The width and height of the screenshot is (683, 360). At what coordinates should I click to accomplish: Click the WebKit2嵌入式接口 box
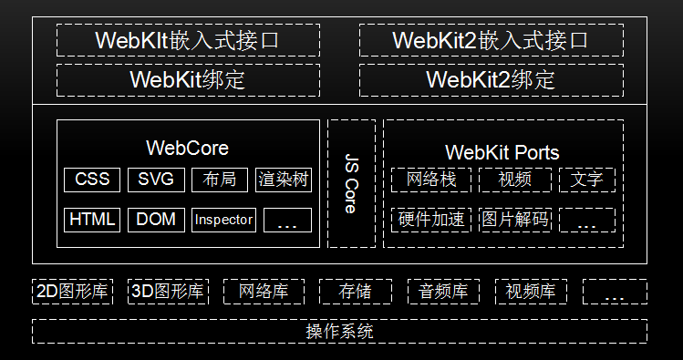coord(491,40)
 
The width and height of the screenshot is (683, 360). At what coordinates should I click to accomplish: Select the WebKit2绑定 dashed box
coord(491,79)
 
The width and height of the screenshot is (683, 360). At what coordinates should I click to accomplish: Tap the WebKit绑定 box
coord(188,79)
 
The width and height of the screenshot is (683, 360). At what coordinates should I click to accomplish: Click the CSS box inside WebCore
coord(92,180)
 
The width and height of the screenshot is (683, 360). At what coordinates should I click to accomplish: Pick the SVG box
coord(156,180)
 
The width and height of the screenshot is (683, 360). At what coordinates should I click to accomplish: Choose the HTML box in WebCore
coord(92,220)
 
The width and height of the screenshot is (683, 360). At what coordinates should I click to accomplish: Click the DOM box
coord(156,220)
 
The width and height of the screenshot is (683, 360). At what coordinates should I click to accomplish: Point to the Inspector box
coord(223,220)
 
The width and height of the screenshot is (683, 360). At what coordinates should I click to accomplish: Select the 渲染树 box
coord(284,180)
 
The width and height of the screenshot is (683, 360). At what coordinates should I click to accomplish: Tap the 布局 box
coord(220,180)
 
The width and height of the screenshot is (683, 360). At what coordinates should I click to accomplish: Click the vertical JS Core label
coord(351,184)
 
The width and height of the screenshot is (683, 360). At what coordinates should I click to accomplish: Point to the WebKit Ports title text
coord(502,152)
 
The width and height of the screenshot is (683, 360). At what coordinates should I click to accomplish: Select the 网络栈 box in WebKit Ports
coord(430,180)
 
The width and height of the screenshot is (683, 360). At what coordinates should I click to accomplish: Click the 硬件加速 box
coord(430,220)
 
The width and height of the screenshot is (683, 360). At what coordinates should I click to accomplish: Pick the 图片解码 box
coord(514,220)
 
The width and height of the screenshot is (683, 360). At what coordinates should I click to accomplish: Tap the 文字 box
coord(586,180)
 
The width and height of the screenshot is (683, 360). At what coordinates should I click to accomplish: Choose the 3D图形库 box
coord(168,292)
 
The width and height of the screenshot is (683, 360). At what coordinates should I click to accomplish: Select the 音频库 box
coord(443,292)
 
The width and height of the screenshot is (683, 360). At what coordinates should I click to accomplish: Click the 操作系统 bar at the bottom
coord(339,331)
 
